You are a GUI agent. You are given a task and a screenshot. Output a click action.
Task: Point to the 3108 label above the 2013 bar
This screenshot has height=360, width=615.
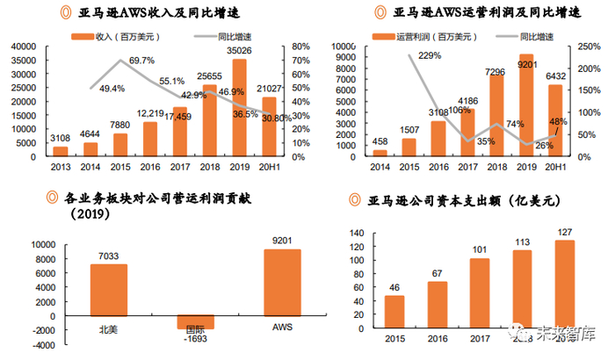click(61, 138)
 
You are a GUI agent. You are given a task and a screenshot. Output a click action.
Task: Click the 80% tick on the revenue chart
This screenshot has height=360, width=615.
click(298, 47)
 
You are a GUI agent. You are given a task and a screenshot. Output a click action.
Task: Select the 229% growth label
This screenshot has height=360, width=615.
click(430, 56)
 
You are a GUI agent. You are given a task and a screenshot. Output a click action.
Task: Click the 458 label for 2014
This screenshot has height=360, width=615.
click(380, 141)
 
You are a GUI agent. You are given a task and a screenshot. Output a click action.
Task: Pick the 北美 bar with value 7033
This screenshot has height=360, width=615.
click(110, 290)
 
